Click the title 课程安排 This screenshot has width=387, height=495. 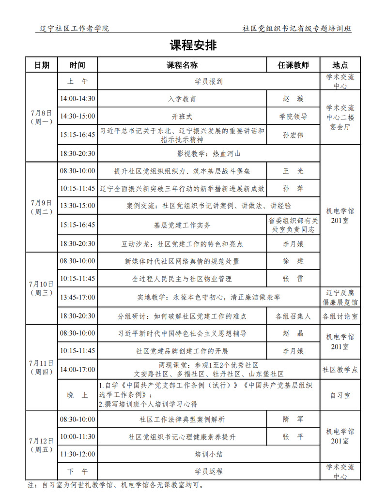tap(193, 45)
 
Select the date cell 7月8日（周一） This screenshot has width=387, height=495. tap(41, 117)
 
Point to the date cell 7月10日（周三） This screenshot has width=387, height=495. tap(41, 288)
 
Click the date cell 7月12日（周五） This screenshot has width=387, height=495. tap(41, 445)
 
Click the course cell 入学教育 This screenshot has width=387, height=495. tap(182, 99)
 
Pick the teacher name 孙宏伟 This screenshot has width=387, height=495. tap(293, 135)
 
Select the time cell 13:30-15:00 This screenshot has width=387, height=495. tap(77, 206)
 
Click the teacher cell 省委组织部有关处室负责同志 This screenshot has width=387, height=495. tap(293, 225)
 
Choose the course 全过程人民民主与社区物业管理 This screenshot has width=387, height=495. tap(182, 279)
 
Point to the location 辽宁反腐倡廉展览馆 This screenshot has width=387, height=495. tap(340, 297)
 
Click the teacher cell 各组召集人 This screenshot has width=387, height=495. tap(293, 316)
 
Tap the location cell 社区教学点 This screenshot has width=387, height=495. tap(340, 370)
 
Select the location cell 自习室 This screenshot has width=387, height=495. tap(340, 395)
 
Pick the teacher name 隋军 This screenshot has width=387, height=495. tap(293, 419)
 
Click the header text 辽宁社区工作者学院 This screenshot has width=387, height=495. tap(75, 29)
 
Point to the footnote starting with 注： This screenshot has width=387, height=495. tap(116, 484)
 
